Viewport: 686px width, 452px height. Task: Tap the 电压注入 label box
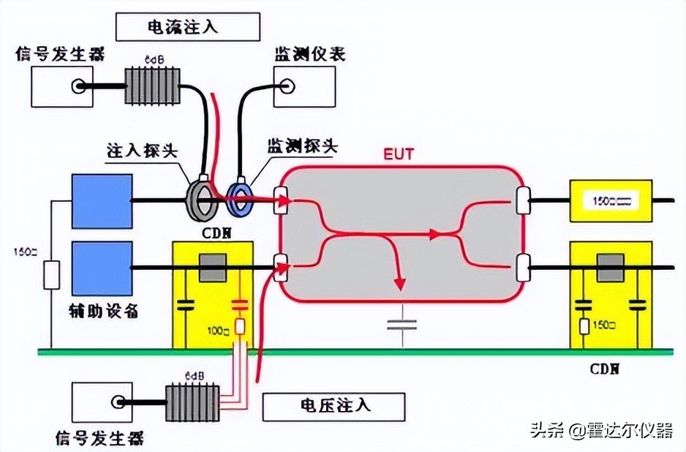tap(333, 406)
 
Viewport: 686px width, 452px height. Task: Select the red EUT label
tap(399, 155)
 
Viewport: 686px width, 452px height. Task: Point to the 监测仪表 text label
tap(310, 54)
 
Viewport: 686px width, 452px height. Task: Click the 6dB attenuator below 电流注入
tap(153, 88)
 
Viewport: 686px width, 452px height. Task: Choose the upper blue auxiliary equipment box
tap(102, 200)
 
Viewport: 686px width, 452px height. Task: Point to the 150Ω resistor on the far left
tap(50, 277)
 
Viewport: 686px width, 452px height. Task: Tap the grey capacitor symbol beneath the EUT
tap(400, 323)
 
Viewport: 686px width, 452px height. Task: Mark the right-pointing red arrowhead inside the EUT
tap(437, 234)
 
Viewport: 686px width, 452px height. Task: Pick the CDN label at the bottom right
tap(606, 367)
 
